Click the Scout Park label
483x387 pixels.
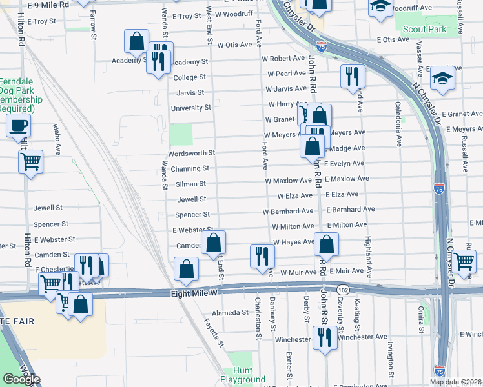point(424,29)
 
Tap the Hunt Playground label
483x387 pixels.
point(243,375)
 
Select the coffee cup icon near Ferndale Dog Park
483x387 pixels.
point(19,126)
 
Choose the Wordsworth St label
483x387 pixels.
point(191,154)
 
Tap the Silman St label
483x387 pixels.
point(190,184)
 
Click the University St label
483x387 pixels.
point(190,108)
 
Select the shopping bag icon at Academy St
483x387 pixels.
point(137,43)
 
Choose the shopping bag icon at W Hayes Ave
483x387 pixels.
point(327,244)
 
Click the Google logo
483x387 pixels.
point(21,379)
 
